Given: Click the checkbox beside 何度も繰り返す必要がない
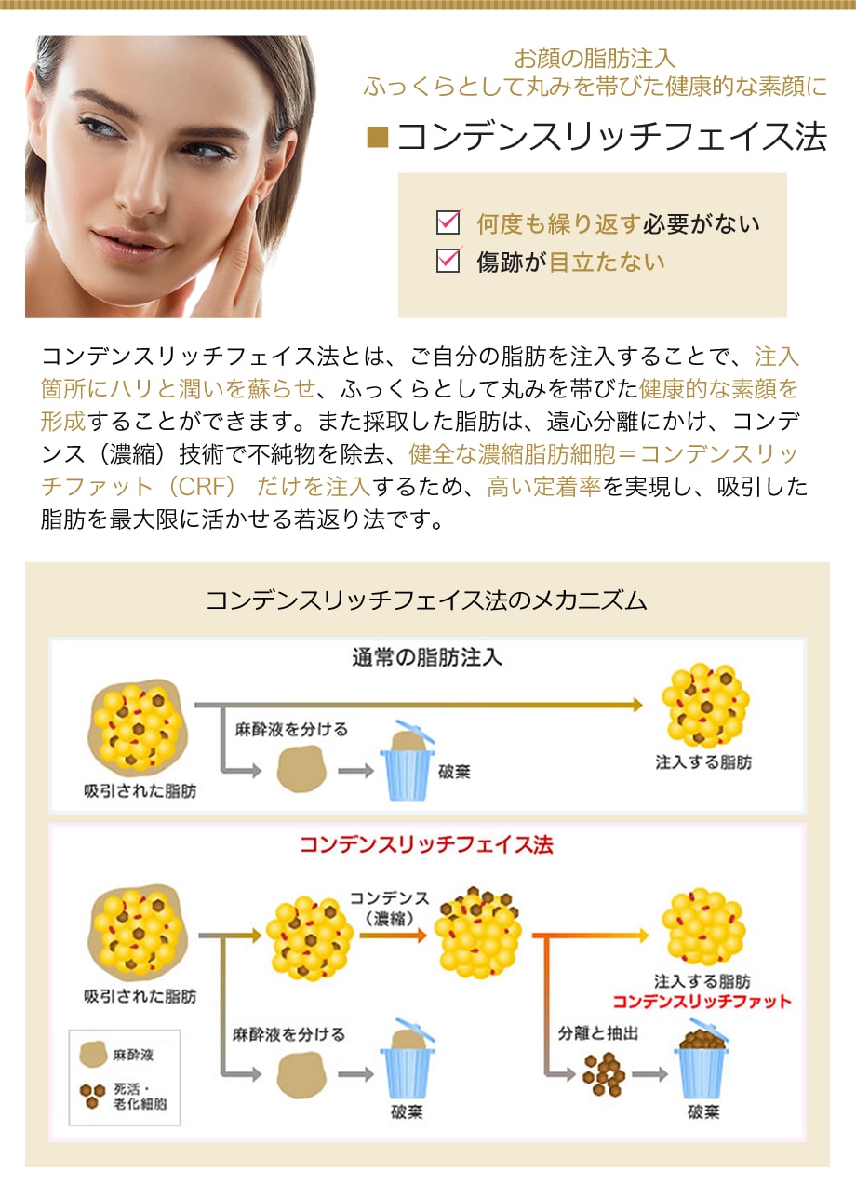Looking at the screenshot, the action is [x=448, y=222].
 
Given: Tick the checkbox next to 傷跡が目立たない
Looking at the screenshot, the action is [x=448, y=261].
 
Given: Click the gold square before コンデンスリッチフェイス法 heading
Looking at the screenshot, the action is [x=377, y=138].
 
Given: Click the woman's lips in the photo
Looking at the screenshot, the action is [x=130, y=241].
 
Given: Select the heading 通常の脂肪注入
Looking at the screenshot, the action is [x=427, y=657].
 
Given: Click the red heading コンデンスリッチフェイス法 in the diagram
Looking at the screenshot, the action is [x=426, y=844].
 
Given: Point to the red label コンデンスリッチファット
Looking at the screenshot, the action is [x=702, y=1001].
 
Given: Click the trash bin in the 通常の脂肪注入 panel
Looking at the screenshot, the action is [x=408, y=760].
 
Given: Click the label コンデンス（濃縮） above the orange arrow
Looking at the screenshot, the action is [x=390, y=908].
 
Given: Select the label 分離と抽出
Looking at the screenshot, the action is [x=598, y=1033].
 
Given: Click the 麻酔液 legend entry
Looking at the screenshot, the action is [x=116, y=1055].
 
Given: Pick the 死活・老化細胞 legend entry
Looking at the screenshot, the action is [x=123, y=1096].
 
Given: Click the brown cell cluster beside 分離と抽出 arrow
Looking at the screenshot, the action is [x=604, y=1073].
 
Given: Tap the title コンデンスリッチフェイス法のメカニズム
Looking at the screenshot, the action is [x=426, y=600].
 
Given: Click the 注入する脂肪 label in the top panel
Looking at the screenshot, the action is [x=703, y=762].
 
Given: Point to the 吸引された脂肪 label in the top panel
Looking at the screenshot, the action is [x=140, y=790].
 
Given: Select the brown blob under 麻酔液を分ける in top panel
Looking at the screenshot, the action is [x=301, y=769].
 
